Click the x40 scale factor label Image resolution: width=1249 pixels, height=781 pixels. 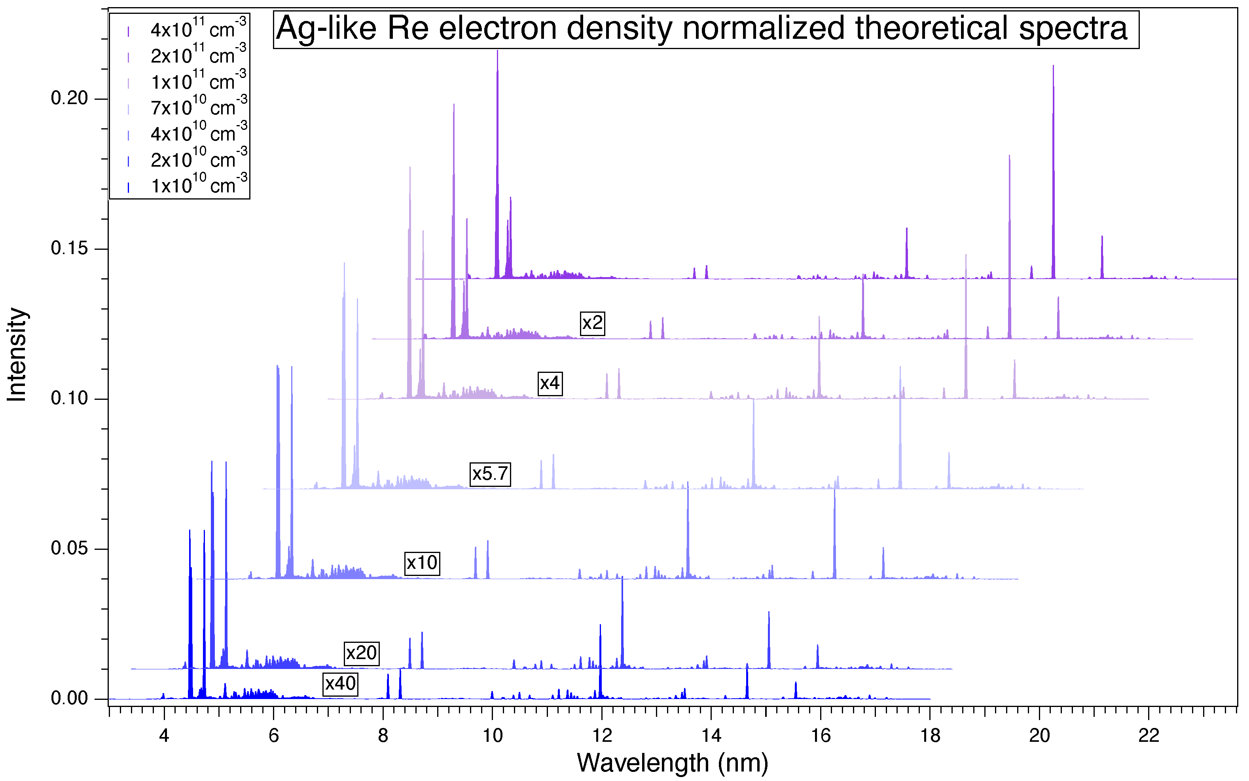pos(340,684)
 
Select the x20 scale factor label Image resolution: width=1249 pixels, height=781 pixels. pos(361,654)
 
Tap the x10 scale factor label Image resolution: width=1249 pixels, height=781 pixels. pos(422,562)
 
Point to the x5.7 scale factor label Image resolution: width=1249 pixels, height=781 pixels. pos(490,474)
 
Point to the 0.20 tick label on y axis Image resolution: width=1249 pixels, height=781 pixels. pos(70,98)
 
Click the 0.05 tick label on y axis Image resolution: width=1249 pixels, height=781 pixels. pos(70,549)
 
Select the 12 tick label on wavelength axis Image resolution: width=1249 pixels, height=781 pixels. pos(601,735)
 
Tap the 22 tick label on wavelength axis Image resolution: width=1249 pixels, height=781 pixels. pos(1149,735)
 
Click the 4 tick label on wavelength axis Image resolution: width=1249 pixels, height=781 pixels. pos(164,735)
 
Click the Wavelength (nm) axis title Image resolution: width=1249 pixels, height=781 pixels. pos(673,763)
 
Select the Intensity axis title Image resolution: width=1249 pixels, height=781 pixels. pos(17,355)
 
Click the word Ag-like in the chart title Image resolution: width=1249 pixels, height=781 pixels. pos(326,29)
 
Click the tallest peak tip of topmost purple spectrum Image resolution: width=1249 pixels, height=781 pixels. pos(498,51)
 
